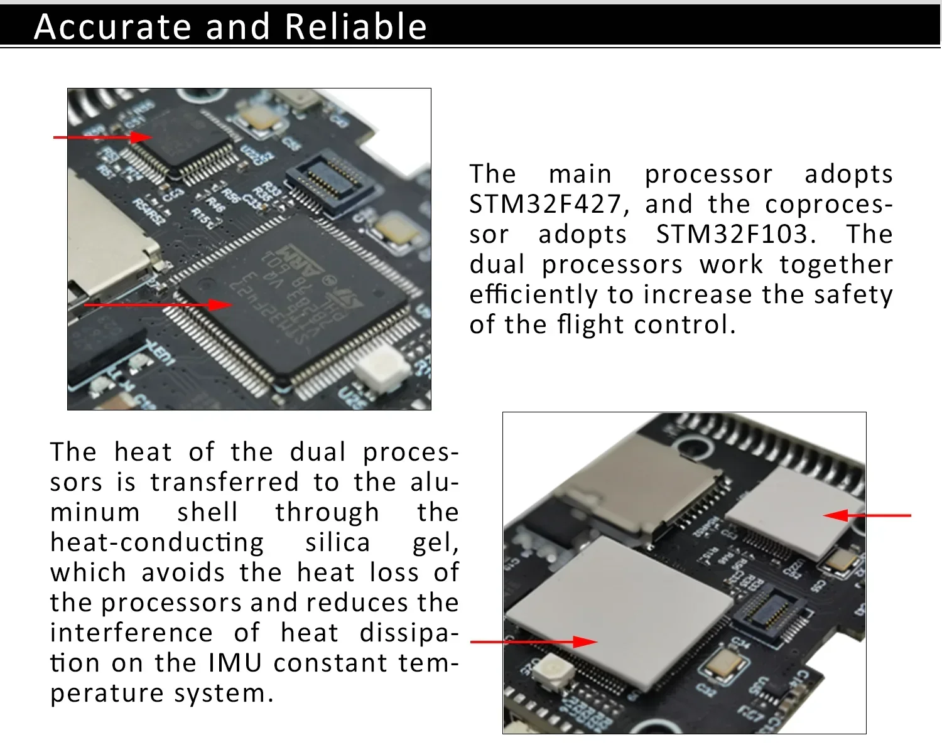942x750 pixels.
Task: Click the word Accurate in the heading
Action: click(x=112, y=27)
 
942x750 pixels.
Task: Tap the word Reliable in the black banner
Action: click(x=355, y=27)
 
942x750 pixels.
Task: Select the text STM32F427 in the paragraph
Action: click(x=545, y=205)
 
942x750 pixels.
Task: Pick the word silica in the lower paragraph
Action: click(x=338, y=543)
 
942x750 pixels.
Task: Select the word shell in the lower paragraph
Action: click(x=208, y=513)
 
